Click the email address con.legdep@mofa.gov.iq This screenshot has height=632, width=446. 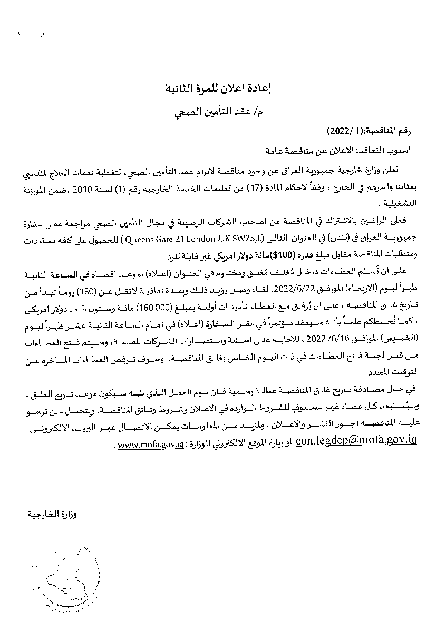coord(357,440)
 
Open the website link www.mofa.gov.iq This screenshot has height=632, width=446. coord(150,445)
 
